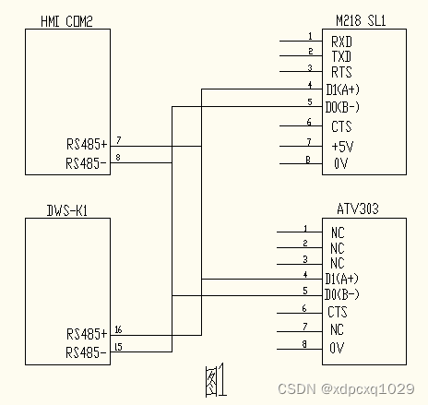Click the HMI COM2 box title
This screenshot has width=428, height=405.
click(x=67, y=21)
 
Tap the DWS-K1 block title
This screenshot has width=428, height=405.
click(x=66, y=211)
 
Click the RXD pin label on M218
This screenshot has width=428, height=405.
click(x=341, y=42)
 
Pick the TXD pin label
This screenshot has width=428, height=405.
click(x=341, y=56)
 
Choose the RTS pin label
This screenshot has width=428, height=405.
click(x=341, y=72)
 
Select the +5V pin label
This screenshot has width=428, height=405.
click(x=341, y=146)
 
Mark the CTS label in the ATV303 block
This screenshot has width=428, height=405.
click(x=339, y=313)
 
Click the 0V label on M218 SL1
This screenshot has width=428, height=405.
click(x=340, y=163)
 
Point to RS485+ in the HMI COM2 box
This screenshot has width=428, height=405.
click(x=87, y=144)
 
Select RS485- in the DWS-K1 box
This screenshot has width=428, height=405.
click(x=87, y=351)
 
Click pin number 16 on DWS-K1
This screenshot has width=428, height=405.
click(x=119, y=328)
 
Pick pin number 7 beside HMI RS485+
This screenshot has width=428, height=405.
click(x=118, y=139)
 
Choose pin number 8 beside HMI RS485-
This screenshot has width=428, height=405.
click(x=118, y=158)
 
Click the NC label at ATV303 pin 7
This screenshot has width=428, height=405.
click(x=337, y=330)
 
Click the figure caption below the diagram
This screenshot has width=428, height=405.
click(x=215, y=378)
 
